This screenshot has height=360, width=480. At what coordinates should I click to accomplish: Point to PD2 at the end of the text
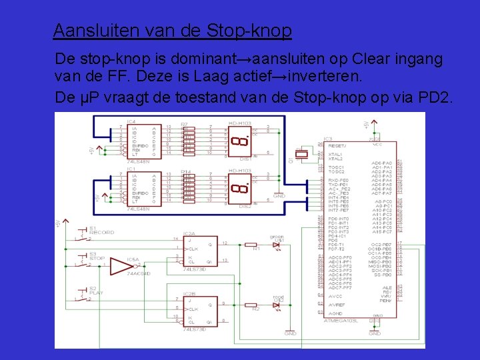click(435, 97)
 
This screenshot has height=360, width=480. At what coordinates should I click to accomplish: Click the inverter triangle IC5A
click(122, 267)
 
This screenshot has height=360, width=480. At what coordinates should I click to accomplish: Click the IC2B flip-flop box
click(201, 311)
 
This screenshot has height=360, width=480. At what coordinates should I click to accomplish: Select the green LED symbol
click(275, 246)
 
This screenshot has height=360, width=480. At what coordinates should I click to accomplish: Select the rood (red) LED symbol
click(275, 305)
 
